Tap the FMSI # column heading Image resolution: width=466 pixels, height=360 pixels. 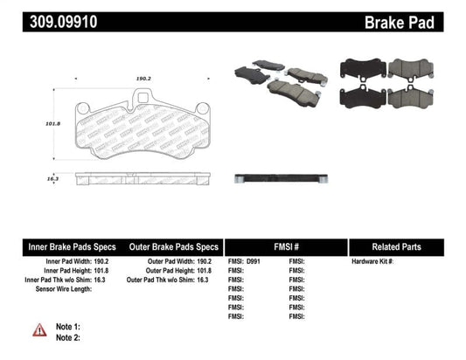(286, 247)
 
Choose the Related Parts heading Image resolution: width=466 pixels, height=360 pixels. (408, 247)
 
